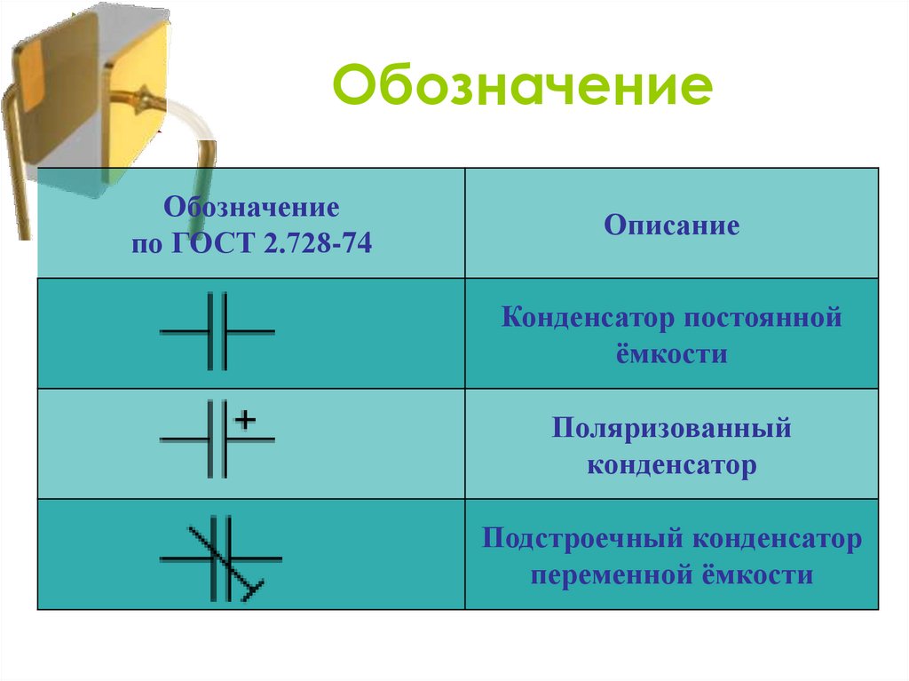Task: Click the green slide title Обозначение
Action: [522, 88]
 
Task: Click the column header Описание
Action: [672, 226]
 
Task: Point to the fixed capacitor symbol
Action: [217, 331]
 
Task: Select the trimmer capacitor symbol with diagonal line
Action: [219, 559]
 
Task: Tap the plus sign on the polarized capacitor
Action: [246, 417]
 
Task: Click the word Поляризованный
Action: [671, 430]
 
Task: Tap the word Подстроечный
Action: [582, 540]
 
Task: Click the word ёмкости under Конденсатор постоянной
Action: [671, 354]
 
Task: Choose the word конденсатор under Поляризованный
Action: [671, 465]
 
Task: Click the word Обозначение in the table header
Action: [251, 210]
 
